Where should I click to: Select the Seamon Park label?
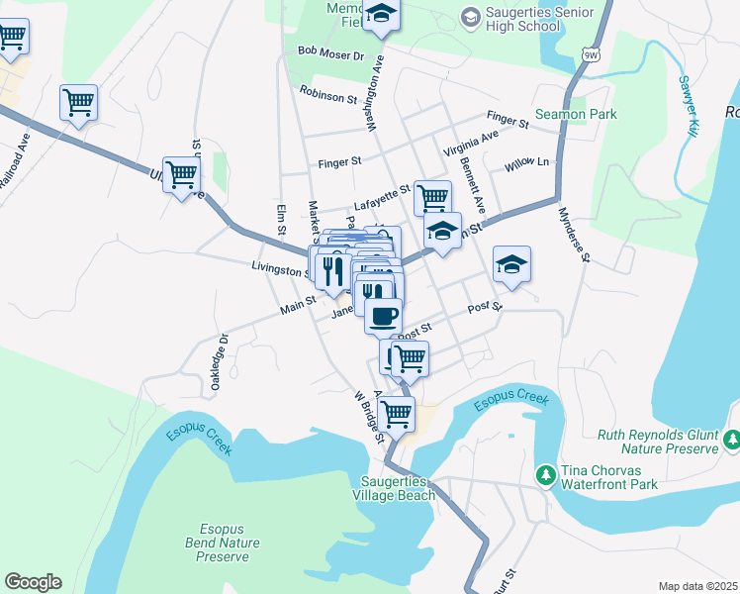576,114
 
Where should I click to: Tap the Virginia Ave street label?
472,144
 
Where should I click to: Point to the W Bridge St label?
368,416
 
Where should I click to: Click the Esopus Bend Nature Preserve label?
223,543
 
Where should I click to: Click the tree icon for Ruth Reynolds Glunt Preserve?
731,439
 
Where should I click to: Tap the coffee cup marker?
383,317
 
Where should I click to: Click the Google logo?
33,582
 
